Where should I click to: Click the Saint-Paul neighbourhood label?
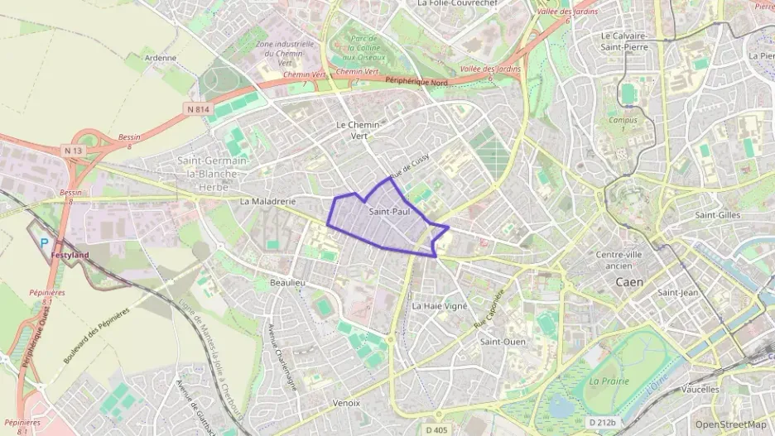tap(389, 212)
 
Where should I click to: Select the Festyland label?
tap(70, 256)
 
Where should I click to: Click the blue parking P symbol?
tap(46, 242)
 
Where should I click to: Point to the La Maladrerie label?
tap(267, 201)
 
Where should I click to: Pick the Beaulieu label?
tap(288, 283)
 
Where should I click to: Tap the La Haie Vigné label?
tap(440, 305)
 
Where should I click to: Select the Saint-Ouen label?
tap(503, 341)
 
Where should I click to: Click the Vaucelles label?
tap(700, 388)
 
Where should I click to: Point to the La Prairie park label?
tap(609, 381)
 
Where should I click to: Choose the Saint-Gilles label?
tap(717, 215)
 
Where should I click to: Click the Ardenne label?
tap(161, 58)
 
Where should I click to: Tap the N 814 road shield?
tap(198, 108)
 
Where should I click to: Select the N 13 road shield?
tap(74, 150)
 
